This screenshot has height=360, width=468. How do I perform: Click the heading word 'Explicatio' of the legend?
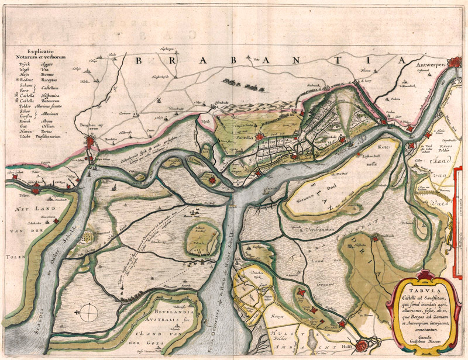point(40,51)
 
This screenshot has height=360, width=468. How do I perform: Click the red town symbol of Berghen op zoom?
point(92,144)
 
